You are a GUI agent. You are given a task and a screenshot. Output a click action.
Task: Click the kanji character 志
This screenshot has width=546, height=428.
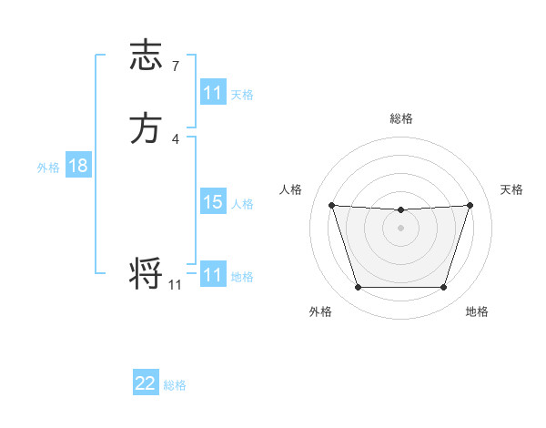tap(146, 56)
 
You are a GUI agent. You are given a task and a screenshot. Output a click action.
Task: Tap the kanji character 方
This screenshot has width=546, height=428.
tap(146, 128)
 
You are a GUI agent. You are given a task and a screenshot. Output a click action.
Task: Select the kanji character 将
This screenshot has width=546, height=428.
tap(146, 273)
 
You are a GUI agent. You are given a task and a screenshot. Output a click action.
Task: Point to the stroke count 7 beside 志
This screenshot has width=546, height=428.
tap(175, 66)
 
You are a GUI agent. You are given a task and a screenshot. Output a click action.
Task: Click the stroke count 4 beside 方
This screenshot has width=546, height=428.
tap(175, 138)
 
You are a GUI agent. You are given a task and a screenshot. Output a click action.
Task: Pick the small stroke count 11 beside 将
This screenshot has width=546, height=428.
tap(175, 285)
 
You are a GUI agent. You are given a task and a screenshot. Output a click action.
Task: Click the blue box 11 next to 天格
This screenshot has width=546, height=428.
tap(213, 93)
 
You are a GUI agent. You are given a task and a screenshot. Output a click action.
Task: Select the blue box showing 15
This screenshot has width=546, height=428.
tap(213, 203)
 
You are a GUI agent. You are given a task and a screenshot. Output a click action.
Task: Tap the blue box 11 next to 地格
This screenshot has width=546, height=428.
tap(213, 275)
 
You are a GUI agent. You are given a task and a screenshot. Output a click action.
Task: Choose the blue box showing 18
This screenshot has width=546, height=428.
tap(78, 167)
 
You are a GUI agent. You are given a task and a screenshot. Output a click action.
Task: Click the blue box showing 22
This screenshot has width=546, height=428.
tap(146, 383)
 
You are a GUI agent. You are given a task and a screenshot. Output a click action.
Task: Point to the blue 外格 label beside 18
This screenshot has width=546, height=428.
tap(48, 168)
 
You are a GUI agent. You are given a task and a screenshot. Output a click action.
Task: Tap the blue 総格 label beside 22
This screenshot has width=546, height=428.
tap(175, 385)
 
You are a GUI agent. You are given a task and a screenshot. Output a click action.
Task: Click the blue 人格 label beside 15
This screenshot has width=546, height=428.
tap(243, 204)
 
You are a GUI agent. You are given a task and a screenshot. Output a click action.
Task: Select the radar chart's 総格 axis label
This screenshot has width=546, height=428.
tap(400, 118)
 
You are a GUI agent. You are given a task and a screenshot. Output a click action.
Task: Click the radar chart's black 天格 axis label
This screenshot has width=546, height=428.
tap(512, 189)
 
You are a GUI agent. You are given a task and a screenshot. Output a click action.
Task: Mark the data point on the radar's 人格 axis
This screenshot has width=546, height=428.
tap(331, 205)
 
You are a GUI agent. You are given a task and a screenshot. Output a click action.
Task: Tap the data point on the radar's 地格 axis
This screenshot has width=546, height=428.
tap(443, 288)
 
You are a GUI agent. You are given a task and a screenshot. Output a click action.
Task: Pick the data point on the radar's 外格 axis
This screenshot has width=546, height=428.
tap(358, 288)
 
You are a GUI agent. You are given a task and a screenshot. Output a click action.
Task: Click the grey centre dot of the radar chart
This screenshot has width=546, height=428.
tap(400, 228)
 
